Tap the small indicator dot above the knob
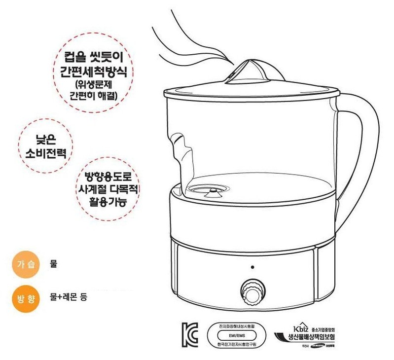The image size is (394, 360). pos(252,268)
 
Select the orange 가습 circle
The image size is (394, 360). pos(24,265)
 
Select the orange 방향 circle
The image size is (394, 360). pos(24,298)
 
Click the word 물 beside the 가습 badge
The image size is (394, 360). pos(54,264)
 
